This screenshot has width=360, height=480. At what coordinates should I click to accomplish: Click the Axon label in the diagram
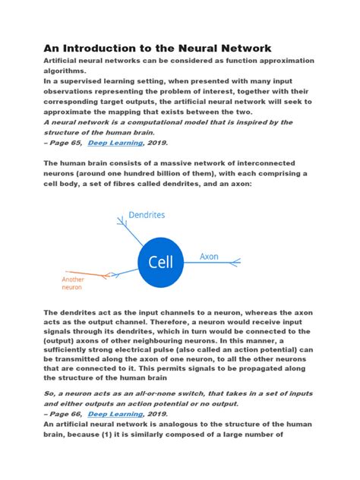[x=209, y=257]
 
